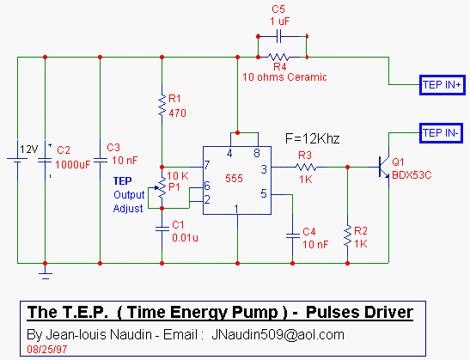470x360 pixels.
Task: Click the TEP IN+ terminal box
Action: click(x=443, y=85)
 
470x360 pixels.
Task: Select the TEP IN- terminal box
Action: click(x=441, y=133)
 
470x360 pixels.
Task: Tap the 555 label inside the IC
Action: click(x=234, y=179)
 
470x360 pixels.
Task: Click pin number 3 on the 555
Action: click(x=264, y=169)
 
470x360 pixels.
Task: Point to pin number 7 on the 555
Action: click(x=207, y=165)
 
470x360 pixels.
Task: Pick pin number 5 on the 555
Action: click(x=264, y=193)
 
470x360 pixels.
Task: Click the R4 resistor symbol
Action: click(x=278, y=57)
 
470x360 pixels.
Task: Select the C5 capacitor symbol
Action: click(x=278, y=36)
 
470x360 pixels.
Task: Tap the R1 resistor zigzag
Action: click(x=162, y=105)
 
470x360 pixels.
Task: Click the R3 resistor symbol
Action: click(x=306, y=168)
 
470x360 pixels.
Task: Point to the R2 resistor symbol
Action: click(x=348, y=236)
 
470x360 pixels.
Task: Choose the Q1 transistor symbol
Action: click(x=384, y=168)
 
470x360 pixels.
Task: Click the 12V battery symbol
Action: click(x=17, y=161)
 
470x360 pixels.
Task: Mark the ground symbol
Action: click(x=46, y=275)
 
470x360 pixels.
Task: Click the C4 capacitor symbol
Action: click(x=292, y=235)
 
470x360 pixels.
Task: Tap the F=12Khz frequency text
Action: click(x=313, y=139)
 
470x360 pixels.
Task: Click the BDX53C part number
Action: click(x=412, y=175)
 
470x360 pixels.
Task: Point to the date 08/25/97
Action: click(x=47, y=350)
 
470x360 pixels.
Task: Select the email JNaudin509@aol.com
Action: click(x=278, y=334)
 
